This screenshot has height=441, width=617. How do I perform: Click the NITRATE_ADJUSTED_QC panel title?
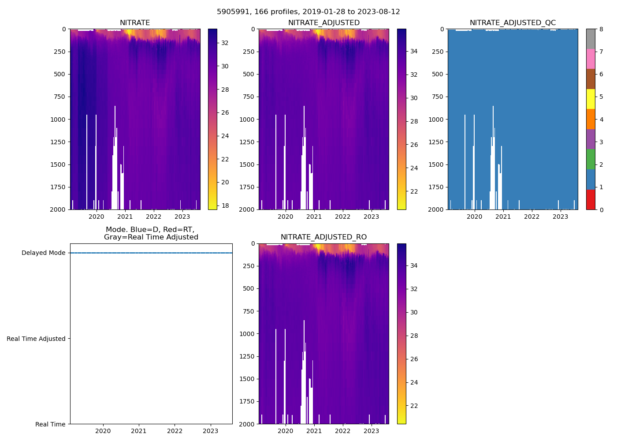tap(513, 23)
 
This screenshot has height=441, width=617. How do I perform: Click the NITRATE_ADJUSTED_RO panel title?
tap(323, 237)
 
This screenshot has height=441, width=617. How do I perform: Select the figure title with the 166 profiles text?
tap(308, 12)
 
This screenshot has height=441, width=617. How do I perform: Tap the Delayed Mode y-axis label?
tap(43, 253)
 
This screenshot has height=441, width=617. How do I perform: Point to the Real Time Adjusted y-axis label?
tap(36, 339)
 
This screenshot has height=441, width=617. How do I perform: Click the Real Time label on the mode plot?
tap(50, 424)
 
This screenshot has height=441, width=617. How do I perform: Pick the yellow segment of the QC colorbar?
tap(591, 99)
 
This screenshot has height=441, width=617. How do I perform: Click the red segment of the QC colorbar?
tap(591, 199)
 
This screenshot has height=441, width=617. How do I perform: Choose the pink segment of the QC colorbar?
tap(591, 59)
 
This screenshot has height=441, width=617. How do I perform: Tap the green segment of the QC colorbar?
tap(591, 159)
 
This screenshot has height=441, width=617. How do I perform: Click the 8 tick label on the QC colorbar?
tap(601, 29)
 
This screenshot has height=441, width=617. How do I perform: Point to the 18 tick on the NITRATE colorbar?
tap(225, 205)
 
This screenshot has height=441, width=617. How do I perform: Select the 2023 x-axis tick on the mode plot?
tap(210, 431)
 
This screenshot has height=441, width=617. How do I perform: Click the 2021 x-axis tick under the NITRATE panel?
tap(125, 217)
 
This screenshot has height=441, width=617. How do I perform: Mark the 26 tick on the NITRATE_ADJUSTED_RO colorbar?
tap(414, 359)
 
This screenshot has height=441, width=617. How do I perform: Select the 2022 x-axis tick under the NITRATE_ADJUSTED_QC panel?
tap(532, 217)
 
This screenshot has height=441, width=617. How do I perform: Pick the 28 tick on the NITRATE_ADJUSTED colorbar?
tap(414, 121)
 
